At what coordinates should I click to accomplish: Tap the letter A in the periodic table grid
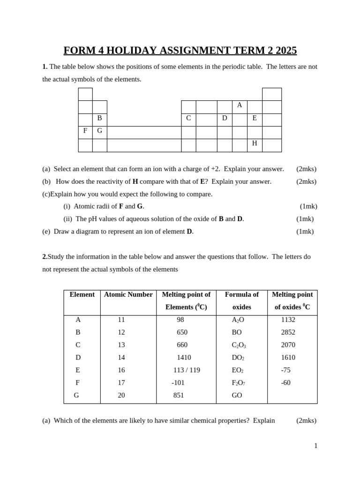click(240, 105)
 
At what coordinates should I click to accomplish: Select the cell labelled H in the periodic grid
click(255, 143)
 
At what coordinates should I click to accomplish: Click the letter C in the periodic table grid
click(188, 118)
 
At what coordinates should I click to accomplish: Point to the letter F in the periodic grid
click(85, 131)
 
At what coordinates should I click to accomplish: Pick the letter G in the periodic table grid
click(99, 131)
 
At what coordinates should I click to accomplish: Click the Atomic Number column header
click(128, 294)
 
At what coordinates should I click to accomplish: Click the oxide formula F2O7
click(239, 382)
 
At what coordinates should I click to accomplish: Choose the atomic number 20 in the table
click(121, 395)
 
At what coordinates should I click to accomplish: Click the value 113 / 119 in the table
click(187, 370)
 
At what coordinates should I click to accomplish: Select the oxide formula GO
click(237, 395)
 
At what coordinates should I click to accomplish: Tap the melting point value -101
click(178, 382)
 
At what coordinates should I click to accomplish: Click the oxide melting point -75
click(286, 370)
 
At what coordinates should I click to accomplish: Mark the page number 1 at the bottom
click(315, 446)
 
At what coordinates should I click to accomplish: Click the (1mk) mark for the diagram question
click(305, 231)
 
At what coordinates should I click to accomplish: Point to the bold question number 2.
click(45, 256)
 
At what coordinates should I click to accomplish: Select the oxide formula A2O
click(238, 320)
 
